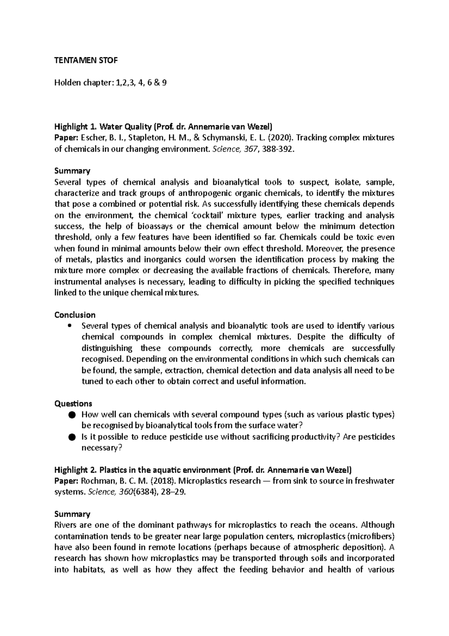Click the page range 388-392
(275, 149)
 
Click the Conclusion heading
(75, 315)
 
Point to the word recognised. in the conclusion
(102, 359)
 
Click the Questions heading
(73, 403)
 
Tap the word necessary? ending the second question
(102, 448)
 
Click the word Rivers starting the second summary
(65, 525)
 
